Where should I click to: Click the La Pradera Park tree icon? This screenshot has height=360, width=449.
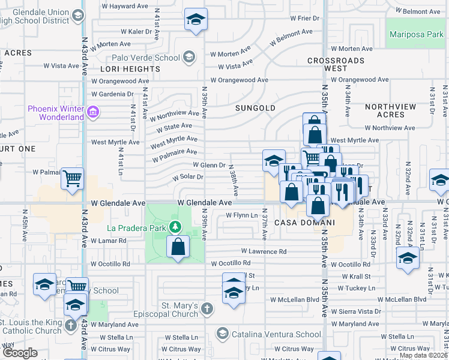[175, 227]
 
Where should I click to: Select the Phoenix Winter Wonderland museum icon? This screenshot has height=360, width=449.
[93, 112]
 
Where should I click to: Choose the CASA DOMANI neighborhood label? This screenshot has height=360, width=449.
[304, 223]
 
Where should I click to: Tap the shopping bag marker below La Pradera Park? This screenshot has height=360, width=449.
[178, 247]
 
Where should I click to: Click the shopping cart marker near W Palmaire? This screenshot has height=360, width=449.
[72, 178]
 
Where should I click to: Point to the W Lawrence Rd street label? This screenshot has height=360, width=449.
[264, 251]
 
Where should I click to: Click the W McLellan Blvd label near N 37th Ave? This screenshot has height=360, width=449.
[294, 299]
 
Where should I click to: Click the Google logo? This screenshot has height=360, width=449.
[20, 353]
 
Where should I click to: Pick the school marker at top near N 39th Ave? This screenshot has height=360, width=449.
[196, 20]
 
